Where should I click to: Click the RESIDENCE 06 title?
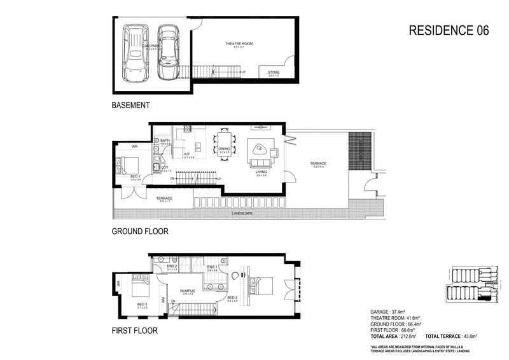[x=448, y=31]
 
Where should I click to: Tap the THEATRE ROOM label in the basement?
[x=239, y=44]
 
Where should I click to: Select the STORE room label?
[x=273, y=73]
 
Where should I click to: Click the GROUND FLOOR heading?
[x=140, y=232]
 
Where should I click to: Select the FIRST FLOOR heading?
[x=135, y=331]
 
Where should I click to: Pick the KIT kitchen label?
[x=188, y=153]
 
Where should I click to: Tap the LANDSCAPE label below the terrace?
[x=242, y=213]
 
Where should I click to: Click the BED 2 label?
[x=232, y=296]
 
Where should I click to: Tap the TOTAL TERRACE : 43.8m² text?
[x=452, y=336]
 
